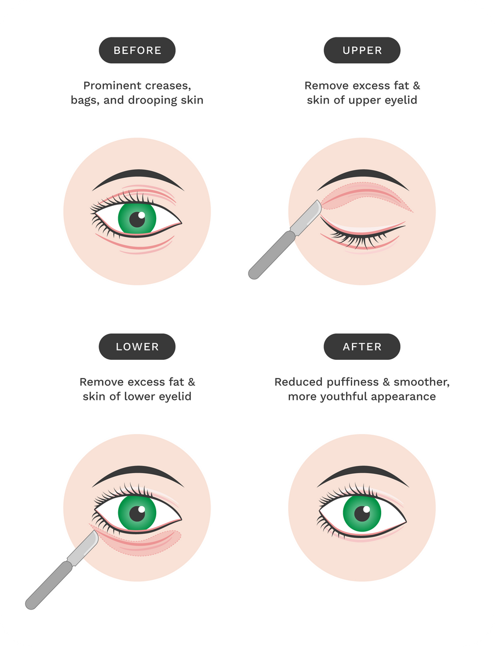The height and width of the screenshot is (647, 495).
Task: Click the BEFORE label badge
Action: [x=137, y=51]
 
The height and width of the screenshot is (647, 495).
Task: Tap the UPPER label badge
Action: [x=362, y=51]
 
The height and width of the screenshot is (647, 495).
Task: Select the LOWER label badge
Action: [x=137, y=347]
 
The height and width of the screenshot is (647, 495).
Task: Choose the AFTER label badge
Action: [x=362, y=347]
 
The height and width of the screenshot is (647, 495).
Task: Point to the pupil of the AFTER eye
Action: [x=362, y=514]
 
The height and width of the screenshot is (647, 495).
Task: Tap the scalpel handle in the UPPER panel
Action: [x=272, y=255]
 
